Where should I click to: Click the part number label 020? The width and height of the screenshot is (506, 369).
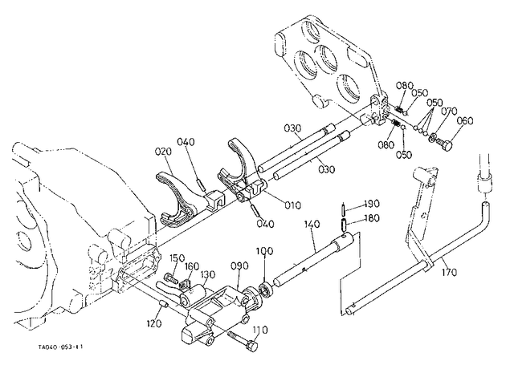pos(163,151)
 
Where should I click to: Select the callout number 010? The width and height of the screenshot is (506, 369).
pos(292,205)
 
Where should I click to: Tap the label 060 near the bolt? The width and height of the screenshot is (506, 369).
pos(465,121)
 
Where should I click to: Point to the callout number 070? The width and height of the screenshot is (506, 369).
pos(449,112)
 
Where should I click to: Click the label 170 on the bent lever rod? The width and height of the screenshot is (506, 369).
pos(449,272)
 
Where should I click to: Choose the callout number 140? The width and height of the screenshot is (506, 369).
pos(312,224)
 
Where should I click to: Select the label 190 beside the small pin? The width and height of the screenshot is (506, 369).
pos(372,204)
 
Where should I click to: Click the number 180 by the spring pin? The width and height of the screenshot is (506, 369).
pos(372,218)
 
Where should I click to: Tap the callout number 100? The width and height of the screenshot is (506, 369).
pos(264,251)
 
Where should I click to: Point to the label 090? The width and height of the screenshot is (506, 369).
pos(240,266)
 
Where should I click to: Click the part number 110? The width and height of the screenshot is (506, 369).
pos(260,330)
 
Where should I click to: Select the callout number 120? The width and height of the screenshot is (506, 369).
pos(153,323)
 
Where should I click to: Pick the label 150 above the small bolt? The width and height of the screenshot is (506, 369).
pos(177,258)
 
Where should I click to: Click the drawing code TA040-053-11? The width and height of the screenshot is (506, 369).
pos(61,347)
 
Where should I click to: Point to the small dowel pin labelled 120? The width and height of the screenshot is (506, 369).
pos(163,304)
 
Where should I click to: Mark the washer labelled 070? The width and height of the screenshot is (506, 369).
pos(432,138)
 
